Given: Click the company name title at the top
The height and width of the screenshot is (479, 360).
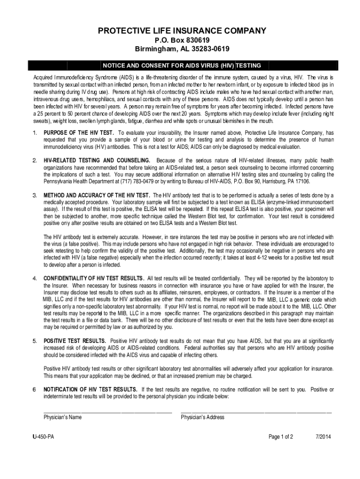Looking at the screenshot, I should click(x=182, y=31).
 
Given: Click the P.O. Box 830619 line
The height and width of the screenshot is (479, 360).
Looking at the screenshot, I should click(x=182, y=40).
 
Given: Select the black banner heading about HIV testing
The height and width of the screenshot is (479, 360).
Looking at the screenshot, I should click(x=182, y=65).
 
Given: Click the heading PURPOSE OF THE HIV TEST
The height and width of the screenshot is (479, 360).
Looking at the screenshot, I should click(x=79, y=133).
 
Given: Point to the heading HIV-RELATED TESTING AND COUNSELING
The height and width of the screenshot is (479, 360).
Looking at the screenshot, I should click(x=97, y=160).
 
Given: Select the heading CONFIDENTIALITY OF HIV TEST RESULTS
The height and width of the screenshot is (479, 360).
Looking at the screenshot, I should click(x=94, y=278).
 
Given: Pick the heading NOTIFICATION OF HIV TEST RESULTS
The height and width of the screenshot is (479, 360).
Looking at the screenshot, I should click(x=90, y=390).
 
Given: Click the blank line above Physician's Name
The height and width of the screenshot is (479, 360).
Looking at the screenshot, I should click(x=108, y=411).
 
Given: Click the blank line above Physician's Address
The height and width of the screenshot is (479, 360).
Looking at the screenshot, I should click(x=256, y=411).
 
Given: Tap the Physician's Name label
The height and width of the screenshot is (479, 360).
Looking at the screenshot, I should click(x=63, y=417).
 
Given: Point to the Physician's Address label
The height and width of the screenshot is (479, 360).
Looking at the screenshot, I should click(x=202, y=417).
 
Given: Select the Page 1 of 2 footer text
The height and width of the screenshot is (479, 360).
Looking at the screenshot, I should click(x=281, y=437).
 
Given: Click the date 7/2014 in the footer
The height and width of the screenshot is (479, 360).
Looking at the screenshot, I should click(x=323, y=437).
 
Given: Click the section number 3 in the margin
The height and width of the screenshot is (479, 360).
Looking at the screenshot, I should click(x=34, y=195).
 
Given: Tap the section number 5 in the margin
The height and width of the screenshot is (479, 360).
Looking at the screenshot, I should click(x=34, y=341).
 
